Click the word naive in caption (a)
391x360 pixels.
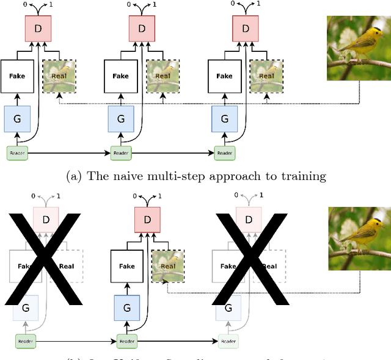(x=123, y=176)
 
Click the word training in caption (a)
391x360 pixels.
(x=304, y=176)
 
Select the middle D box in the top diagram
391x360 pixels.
(x=142, y=28)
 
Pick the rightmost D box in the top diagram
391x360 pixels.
(x=245, y=28)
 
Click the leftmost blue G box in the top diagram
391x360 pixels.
(x=17, y=118)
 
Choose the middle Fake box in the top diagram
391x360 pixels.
(x=120, y=76)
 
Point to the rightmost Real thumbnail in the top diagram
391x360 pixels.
(x=266, y=76)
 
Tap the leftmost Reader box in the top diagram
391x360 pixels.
(x=17, y=153)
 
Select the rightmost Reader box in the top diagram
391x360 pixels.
(x=224, y=153)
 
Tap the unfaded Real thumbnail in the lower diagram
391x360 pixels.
(x=167, y=266)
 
